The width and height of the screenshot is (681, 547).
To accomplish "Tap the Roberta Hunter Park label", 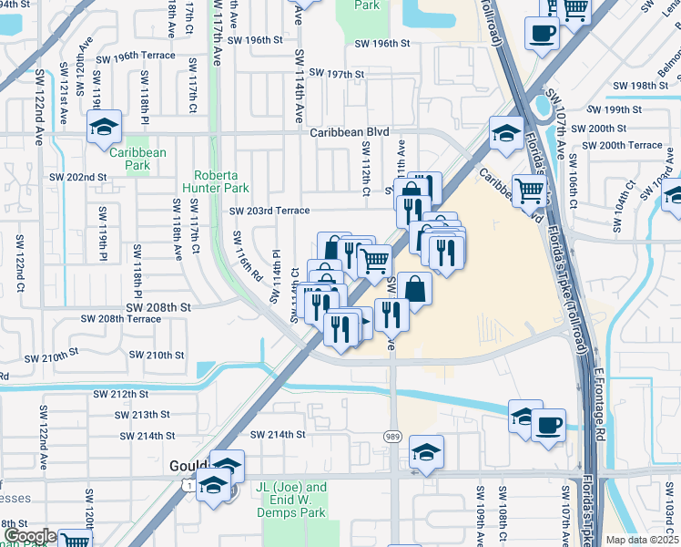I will tap(221, 181).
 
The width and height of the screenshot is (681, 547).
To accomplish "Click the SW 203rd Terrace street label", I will tap(269, 211).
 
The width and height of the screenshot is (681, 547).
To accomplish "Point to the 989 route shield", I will tap(392, 437).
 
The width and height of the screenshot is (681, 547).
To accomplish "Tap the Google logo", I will tap(29, 536).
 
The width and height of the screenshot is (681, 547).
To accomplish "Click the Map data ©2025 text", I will tap(642, 540).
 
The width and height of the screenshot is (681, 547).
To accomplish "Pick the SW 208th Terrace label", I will tap(120, 319).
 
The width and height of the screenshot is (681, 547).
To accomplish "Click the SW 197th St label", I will tap(336, 73).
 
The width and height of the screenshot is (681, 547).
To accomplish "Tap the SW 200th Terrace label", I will tap(622, 145).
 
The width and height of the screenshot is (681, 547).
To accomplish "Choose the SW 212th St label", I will tap(121, 395).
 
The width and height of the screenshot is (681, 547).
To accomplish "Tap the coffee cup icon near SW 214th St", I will tap(548, 425).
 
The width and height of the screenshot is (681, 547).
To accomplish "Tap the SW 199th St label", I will tap(616, 109).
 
